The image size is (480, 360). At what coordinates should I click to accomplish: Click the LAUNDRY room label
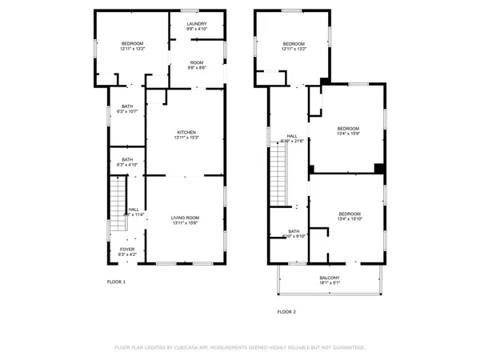[x=197, y=24]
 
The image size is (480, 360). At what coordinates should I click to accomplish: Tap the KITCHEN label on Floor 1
[x=186, y=133]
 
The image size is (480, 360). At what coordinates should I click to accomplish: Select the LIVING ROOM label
[x=186, y=218]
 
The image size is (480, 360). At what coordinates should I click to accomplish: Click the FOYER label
[x=127, y=249]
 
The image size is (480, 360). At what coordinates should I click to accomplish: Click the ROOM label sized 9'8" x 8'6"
[x=197, y=62]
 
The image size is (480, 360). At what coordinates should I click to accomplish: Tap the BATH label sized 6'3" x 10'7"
[x=127, y=106]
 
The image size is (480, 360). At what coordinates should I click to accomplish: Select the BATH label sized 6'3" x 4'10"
[x=127, y=159]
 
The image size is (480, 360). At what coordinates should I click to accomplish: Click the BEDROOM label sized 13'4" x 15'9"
[x=348, y=129]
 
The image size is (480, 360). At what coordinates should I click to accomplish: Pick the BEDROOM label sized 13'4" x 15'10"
[x=350, y=214]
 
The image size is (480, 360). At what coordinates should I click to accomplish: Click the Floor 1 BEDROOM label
[x=132, y=43]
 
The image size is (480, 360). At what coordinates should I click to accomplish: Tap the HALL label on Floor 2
[x=292, y=136]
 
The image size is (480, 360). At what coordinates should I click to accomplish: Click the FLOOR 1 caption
[x=117, y=282]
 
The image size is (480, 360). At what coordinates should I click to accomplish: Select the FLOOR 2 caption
[x=286, y=311]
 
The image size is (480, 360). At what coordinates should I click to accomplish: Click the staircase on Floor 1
[x=117, y=200]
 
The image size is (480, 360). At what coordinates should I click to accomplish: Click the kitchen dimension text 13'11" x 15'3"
[x=186, y=138]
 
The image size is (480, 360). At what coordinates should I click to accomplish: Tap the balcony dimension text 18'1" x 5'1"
[x=329, y=282]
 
